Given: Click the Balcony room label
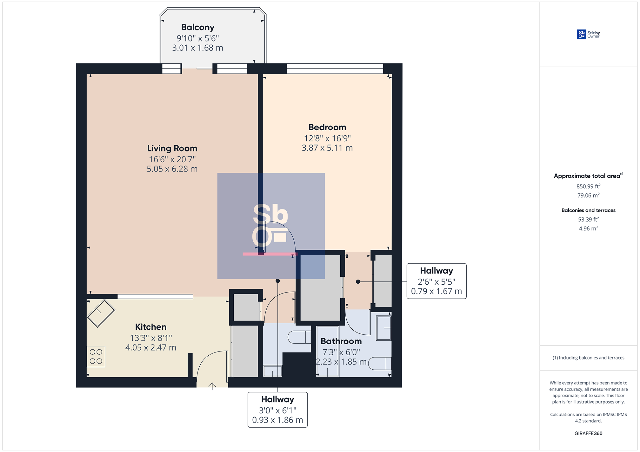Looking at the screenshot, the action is tap(198, 28).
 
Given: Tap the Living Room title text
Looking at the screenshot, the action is tap(172, 148).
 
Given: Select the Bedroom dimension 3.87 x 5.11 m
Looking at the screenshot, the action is tap(327, 148).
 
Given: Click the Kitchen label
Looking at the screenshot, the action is tap(151, 327).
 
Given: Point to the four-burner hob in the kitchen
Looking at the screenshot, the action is tap(96, 356).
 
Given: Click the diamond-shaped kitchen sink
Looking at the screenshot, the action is tap(101, 313).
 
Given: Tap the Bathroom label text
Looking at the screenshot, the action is tap(341, 341).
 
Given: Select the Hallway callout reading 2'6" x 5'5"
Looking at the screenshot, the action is tap(437, 281).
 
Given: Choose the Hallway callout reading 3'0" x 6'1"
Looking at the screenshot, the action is tap(277, 410).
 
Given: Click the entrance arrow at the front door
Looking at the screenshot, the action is tap(212, 386).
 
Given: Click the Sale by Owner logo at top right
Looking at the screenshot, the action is tap(588, 34).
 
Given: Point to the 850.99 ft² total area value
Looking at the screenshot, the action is tap(588, 186).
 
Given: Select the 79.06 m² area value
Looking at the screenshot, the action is tap(588, 195).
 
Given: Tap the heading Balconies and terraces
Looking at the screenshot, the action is tap(588, 210).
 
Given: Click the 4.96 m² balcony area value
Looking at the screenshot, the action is tap(588, 228).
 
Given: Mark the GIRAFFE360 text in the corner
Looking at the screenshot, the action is tap(588, 433).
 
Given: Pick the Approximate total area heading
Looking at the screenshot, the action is tap(588, 176).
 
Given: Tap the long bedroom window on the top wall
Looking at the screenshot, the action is tap(335, 68).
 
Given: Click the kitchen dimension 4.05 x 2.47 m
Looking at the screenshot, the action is tap(151, 348).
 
